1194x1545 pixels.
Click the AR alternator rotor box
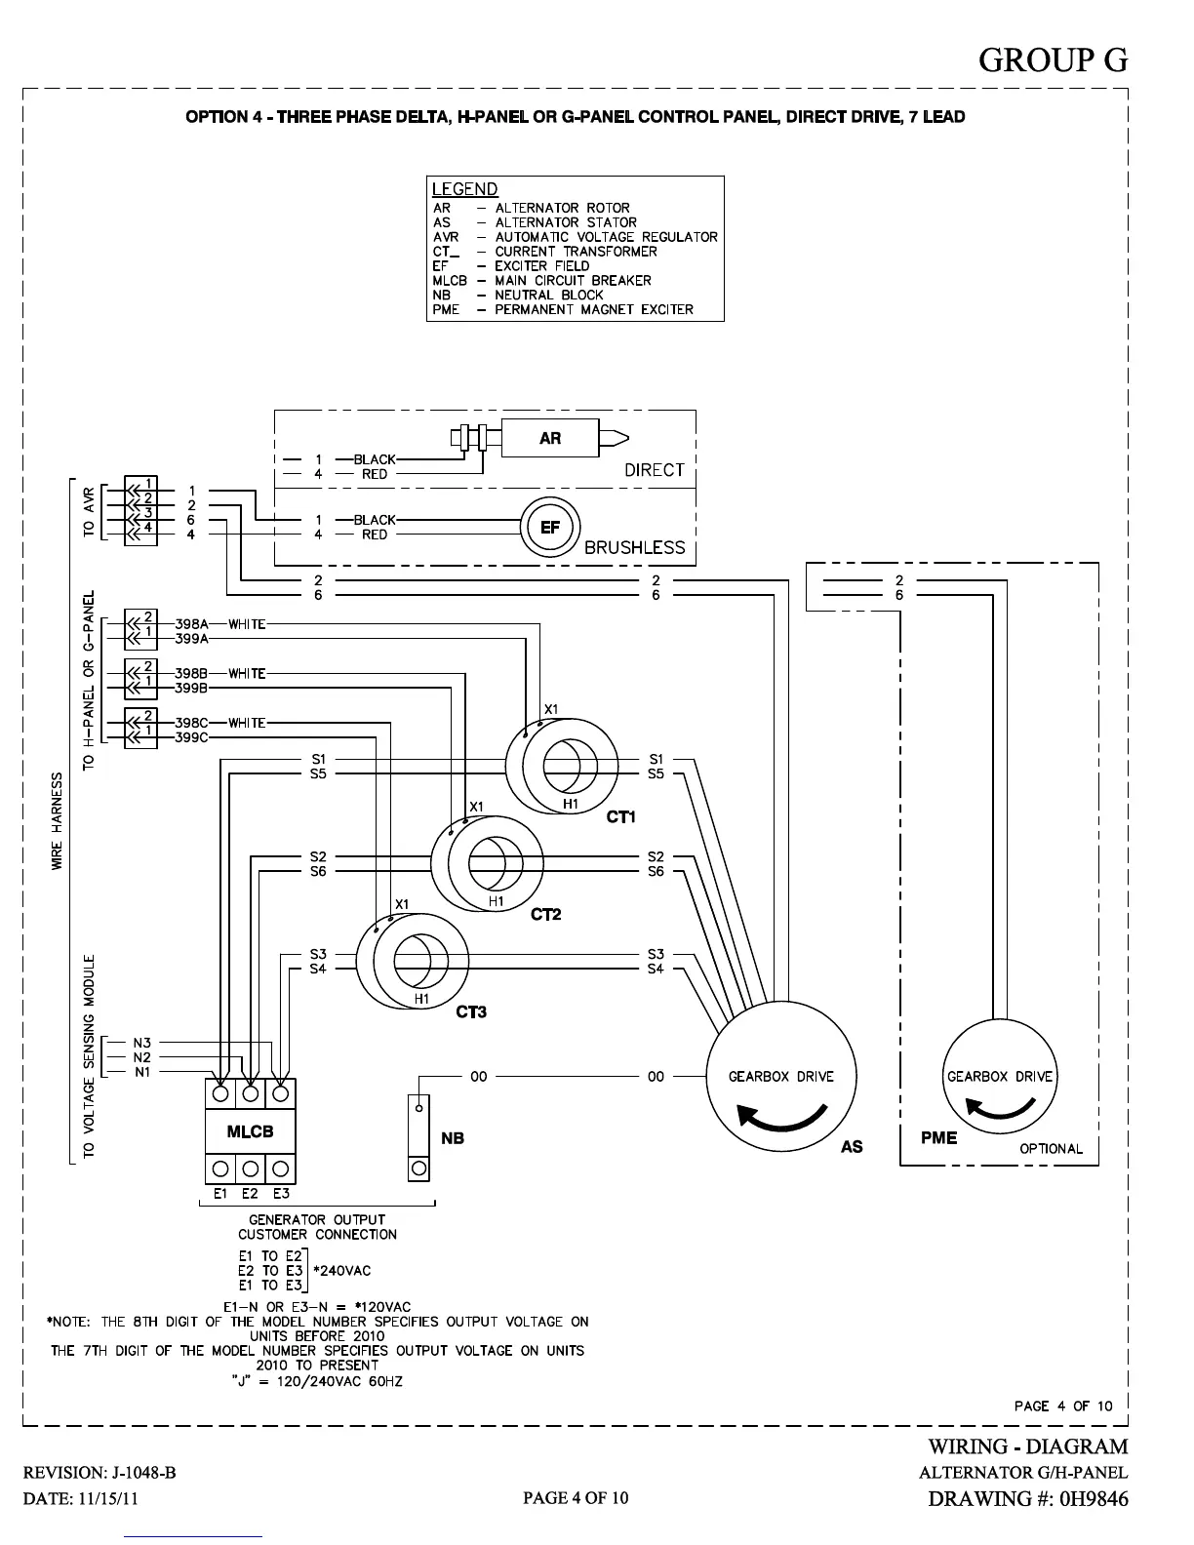pos(550,438)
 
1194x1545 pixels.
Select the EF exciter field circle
pos(550,528)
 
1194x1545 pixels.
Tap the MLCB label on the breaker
pos(250,1131)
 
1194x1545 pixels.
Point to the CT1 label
pos(620,816)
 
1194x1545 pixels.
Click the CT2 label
pos(545,915)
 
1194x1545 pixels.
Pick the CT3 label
pos(471,1012)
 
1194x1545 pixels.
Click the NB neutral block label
pos(453,1138)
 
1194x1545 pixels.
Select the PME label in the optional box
pos(938,1137)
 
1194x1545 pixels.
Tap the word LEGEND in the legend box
pos(464,189)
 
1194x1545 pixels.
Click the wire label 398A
pos(192,624)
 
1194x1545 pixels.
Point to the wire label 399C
pos(192,737)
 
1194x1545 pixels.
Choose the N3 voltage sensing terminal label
pos(142,1043)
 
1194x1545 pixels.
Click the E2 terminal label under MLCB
pos(251,1193)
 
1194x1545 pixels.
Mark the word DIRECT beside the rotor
pos(654,470)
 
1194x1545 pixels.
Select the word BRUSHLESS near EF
pos(634,548)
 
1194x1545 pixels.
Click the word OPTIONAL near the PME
pos(1051,1149)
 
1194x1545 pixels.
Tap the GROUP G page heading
pos(1053,60)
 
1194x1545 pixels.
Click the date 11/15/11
pos(108,1498)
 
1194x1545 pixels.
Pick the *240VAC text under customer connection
pos(341,1271)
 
